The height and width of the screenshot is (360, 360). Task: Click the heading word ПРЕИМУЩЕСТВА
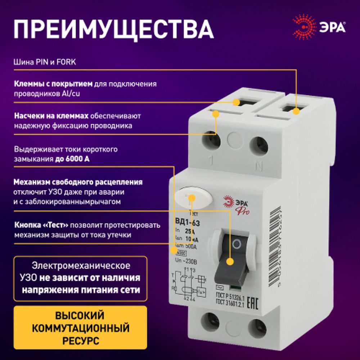coord(114,28)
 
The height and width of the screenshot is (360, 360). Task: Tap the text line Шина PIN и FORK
coord(45,62)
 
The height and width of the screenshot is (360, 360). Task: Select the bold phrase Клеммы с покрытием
coord(53,84)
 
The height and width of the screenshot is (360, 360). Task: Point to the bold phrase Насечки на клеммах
coord(51,116)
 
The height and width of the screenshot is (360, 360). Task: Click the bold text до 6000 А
coord(72,159)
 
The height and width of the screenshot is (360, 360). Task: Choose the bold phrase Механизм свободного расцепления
coord(78,182)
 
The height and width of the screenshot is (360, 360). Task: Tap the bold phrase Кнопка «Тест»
coord(41,225)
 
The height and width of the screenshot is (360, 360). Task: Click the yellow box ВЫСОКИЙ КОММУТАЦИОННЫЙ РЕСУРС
coord(80,328)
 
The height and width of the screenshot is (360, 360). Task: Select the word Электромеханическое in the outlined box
coord(81,266)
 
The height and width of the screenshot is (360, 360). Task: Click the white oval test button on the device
coord(192,197)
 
